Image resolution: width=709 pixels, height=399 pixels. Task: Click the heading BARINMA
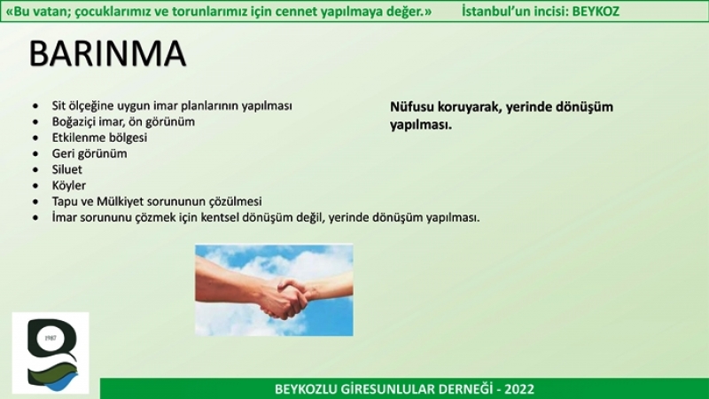coord(107,54)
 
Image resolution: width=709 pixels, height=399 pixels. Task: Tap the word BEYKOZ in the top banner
coord(596,12)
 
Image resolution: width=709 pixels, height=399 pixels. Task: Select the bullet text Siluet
coord(67,169)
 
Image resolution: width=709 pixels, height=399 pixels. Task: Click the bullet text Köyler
coord(69,185)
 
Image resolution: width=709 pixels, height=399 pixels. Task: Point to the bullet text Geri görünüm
coord(90,153)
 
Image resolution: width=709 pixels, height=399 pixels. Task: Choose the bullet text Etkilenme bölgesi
coord(99,137)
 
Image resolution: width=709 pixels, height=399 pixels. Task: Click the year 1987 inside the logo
coord(51,339)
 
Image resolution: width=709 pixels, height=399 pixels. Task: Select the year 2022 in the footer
coord(519,389)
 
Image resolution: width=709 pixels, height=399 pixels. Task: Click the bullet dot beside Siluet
coord(35,169)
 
